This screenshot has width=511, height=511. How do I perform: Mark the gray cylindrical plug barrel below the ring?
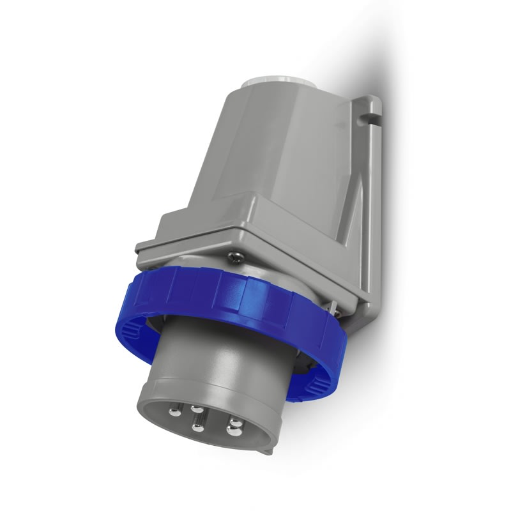(x=211, y=358)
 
